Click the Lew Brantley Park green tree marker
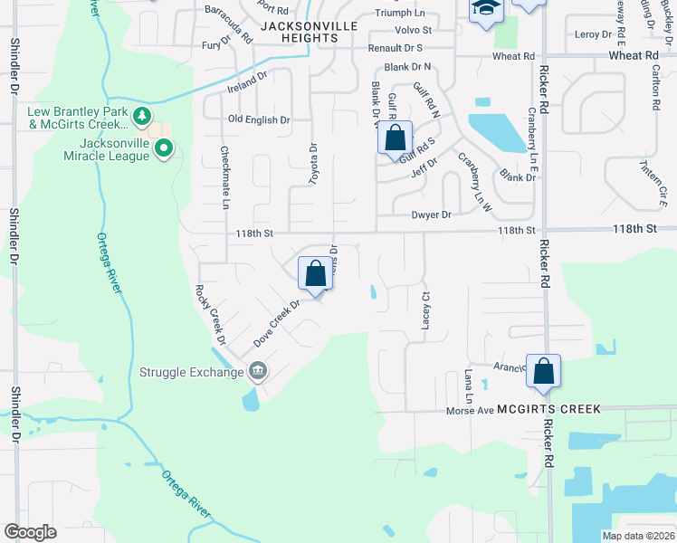141,115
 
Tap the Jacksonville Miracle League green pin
163,148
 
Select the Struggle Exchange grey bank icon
257,370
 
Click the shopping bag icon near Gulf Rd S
395,138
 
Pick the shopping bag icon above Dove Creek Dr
315,272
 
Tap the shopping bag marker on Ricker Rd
543,371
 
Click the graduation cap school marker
484,9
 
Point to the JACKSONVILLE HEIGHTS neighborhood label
309,33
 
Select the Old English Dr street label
259,119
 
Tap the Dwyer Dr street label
431,214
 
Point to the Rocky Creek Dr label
208,314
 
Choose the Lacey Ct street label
424,310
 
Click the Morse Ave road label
469,410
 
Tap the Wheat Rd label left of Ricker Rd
513,56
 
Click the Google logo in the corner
31,532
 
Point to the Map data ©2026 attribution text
638,536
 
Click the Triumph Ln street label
401,13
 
